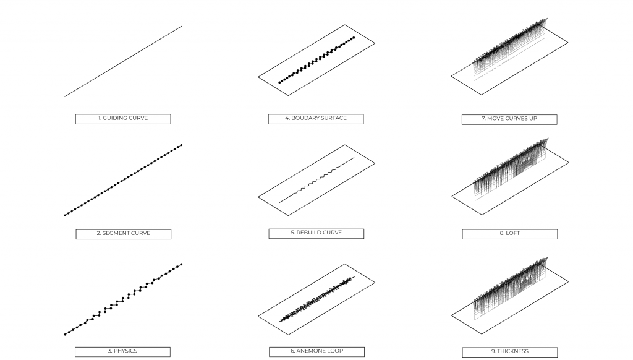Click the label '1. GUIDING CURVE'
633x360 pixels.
[x=123, y=119]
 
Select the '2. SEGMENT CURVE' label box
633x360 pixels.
[x=123, y=234]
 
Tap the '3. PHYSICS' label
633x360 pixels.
[x=122, y=351]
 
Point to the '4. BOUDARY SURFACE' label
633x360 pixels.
[x=316, y=119]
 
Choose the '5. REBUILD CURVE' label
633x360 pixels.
[x=316, y=234]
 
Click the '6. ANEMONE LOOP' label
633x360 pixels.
[x=316, y=351]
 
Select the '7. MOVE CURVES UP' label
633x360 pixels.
[x=509, y=119]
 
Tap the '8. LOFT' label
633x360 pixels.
[x=509, y=234]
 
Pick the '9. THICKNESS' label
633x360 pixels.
[x=509, y=352]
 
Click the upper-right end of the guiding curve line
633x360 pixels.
[x=182, y=26]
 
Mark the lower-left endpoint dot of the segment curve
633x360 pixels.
[x=65, y=215]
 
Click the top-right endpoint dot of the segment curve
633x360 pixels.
[x=181, y=145]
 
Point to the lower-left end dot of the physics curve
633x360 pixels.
[x=65, y=335]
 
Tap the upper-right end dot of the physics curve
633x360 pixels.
[x=181, y=264]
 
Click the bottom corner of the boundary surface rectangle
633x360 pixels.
[x=288, y=96]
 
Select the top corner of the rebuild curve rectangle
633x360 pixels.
[x=345, y=145]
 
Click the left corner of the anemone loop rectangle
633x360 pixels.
[x=258, y=316]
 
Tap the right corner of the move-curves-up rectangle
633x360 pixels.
[x=568, y=43]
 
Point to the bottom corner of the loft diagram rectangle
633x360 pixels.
[x=482, y=215]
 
